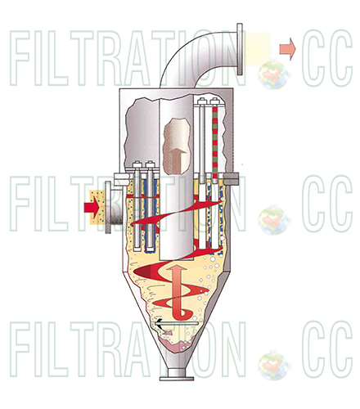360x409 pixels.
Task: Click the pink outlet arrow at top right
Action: [288, 49]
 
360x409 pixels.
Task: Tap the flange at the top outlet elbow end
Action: [240, 49]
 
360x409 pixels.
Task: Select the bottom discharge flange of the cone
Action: [177, 379]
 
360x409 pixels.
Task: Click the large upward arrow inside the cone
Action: [178, 292]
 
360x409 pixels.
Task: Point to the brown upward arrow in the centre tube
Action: [176, 160]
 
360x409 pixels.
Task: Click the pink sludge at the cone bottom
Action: [178, 346]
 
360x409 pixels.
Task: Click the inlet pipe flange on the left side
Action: [108, 207]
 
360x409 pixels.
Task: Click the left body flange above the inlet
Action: [121, 179]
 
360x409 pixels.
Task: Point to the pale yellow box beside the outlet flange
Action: [257, 49]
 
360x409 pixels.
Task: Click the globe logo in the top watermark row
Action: [273, 74]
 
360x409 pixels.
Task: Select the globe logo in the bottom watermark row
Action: [273, 366]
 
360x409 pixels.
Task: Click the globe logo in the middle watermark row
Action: [273, 220]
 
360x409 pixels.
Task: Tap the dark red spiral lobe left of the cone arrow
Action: [145, 272]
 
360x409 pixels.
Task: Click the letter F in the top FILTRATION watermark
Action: [20, 58]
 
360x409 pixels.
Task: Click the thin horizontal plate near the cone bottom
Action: [177, 323]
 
